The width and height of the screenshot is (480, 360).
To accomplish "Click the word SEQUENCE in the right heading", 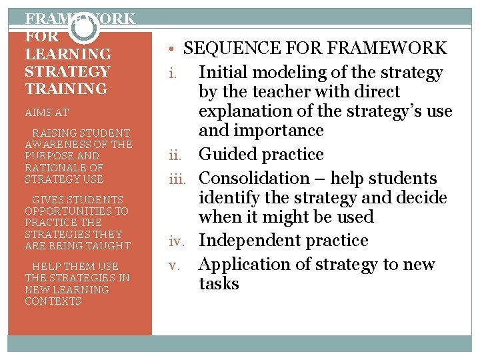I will point(225,49).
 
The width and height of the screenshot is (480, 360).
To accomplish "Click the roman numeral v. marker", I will point(175,265).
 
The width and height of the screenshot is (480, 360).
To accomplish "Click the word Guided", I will point(229,155).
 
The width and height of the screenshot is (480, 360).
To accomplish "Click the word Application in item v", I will point(244,265).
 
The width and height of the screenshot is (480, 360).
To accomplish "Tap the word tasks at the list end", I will point(219,284).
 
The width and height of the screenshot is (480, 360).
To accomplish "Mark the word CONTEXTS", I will point(53,301).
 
